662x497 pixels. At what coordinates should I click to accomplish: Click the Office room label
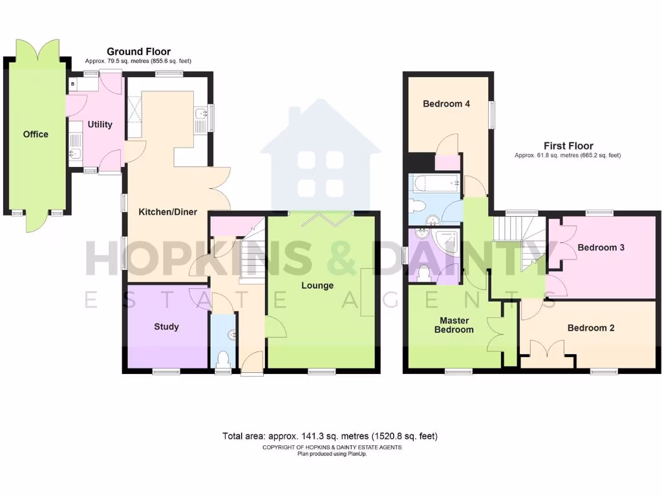coord(36,135)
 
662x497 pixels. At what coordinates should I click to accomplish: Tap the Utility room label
coord(100,125)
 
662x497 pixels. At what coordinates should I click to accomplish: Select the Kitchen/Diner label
coord(168,212)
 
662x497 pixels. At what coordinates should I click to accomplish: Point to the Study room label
coord(166,327)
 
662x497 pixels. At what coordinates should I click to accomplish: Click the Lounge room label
coord(317,285)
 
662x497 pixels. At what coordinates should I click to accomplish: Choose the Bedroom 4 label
coord(446,104)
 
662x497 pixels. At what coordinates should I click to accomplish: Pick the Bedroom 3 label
coord(601,247)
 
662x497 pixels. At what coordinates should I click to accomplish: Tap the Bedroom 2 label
coord(591,328)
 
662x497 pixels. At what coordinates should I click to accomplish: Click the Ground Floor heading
coord(138,52)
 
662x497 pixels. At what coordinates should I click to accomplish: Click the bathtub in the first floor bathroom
coord(435,183)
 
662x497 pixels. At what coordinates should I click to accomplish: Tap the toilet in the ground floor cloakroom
coord(224,358)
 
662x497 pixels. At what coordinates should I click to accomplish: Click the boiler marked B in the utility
coord(72,84)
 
